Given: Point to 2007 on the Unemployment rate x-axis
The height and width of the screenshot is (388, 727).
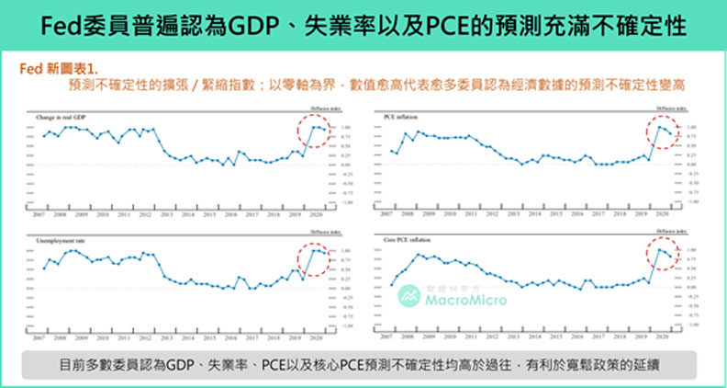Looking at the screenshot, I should click(x=38, y=337).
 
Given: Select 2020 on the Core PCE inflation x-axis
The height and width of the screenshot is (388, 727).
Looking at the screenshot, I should click(x=661, y=337).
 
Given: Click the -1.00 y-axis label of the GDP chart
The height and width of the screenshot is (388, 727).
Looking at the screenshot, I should click(x=346, y=200).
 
